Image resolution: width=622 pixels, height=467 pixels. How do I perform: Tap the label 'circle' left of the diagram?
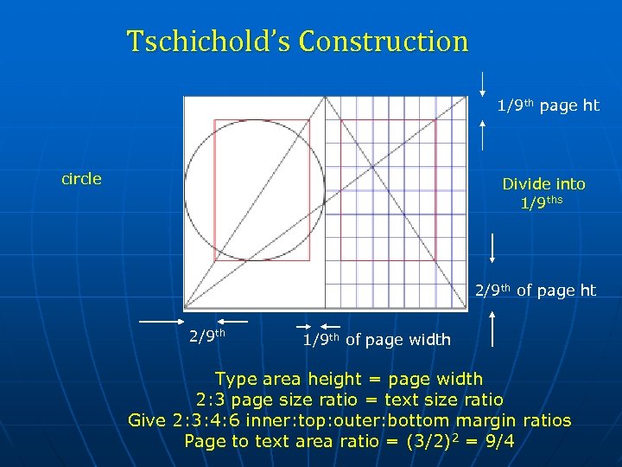coord(81,179)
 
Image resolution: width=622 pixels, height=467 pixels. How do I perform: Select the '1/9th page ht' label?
coord(548,106)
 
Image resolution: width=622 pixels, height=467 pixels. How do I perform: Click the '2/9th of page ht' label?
coord(536,291)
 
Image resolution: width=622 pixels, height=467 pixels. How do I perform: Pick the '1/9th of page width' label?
coord(377,340)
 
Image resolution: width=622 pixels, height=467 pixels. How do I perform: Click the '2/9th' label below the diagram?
coord(207,334)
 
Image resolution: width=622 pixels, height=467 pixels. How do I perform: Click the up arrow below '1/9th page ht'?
coord(483,133)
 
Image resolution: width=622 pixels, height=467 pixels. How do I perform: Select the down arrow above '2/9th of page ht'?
coord(492,247)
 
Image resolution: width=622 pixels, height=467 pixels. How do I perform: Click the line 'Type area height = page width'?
coord(348,379)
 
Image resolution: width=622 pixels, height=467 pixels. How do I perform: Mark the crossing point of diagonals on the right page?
coord(372,167)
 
